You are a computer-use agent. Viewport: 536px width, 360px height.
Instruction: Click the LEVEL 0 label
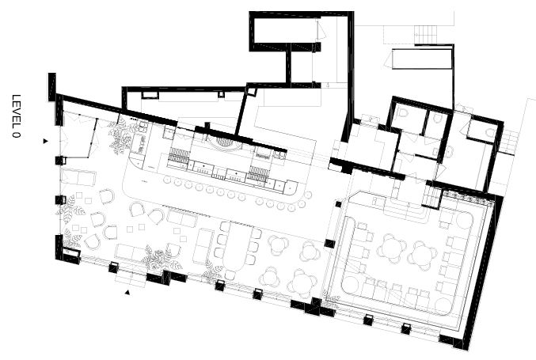[16, 116]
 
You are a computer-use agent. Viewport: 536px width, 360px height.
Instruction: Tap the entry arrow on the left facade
[45, 141]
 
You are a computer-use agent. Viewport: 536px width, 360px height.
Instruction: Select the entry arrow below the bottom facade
[127, 292]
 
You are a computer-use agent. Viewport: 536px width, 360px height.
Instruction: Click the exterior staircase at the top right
[426, 35]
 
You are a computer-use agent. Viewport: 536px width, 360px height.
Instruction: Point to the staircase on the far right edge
[508, 142]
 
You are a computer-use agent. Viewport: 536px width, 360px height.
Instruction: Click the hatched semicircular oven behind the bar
[226, 144]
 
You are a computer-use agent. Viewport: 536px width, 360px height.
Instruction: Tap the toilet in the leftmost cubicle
[403, 113]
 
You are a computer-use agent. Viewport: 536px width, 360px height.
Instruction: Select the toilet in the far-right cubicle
[491, 132]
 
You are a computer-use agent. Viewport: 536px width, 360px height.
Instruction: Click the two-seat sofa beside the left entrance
[78, 177]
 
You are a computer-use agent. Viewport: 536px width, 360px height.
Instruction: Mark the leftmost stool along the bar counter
[167, 180]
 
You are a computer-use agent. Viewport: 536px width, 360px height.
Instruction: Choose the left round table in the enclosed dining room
[391, 248]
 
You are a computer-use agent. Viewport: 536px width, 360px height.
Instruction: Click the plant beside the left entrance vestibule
[121, 136]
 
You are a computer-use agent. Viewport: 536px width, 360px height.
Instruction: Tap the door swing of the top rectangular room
[321, 30]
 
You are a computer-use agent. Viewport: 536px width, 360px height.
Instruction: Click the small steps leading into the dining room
[431, 198]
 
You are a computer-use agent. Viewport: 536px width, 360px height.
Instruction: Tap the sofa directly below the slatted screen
[182, 218]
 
